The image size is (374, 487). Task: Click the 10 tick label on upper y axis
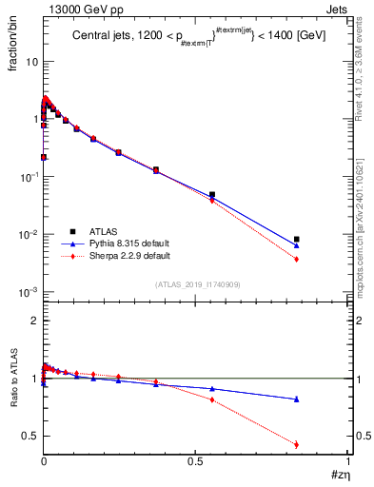click(31, 62)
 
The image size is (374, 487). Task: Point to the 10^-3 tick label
click(29, 292)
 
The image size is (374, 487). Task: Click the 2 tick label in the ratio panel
click(35, 321)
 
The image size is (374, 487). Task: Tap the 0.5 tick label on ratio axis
click(30, 437)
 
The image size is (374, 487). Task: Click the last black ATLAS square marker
click(297, 240)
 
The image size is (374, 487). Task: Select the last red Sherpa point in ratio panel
click(297, 444)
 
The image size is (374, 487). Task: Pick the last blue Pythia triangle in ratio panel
click(297, 399)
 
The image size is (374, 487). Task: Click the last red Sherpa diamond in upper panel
click(297, 259)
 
